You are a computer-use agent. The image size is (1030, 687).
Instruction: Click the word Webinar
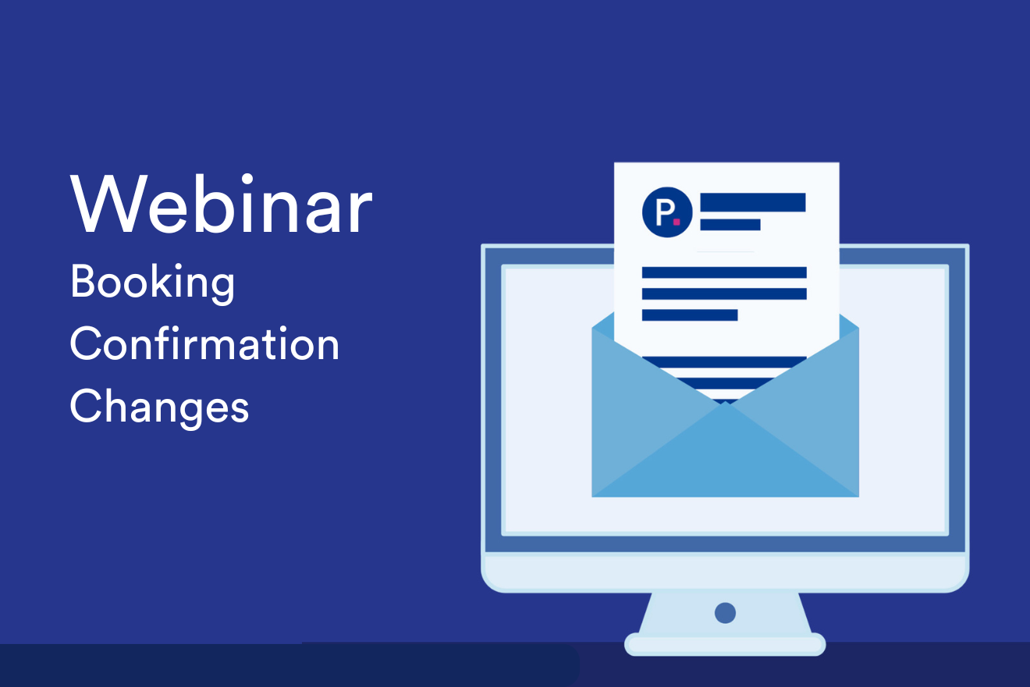tap(222, 205)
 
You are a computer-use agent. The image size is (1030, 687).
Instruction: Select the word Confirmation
tap(204, 345)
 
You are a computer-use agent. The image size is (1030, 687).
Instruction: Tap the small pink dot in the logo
tap(677, 222)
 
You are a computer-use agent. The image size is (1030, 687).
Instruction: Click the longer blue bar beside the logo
tap(752, 202)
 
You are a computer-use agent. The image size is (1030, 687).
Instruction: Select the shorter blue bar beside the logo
tap(730, 225)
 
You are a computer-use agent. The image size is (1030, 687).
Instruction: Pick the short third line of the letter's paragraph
tap(689, 315)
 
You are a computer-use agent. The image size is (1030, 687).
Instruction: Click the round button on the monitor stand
tap(725, 613)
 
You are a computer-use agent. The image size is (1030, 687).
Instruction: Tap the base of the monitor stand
tap(725, 644)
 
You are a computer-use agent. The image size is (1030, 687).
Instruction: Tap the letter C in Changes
tap(85, 406)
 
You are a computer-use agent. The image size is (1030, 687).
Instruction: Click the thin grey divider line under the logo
tap(724, 251)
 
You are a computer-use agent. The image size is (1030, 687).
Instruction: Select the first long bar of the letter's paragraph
tap(723, 272)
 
